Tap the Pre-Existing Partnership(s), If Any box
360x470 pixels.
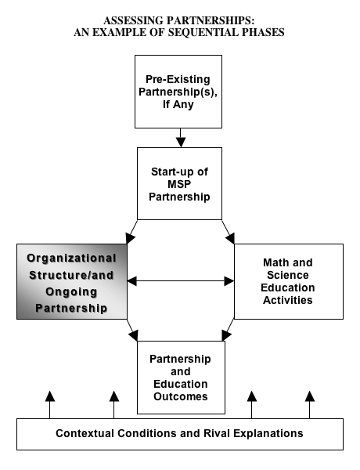coord(178,92)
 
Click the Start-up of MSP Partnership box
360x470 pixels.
coord(179,183)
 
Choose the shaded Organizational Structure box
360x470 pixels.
coord(72,281)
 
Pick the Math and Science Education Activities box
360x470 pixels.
coord(289,281)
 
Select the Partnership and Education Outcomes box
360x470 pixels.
coord(181,378)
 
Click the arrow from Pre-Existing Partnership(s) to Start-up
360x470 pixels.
coord(181,138)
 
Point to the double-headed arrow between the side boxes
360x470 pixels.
coord(181,281)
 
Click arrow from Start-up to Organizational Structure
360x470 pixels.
coord(131,232)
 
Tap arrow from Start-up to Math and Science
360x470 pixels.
coord(229,232)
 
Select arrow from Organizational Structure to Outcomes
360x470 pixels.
coord(132,330)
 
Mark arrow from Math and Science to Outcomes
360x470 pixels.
coord(228,330)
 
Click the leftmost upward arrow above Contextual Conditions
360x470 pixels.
coord(50,405)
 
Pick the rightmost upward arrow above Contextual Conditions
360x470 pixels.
coord(310,405)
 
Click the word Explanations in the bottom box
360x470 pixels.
coord(268,434)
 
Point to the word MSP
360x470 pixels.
coord(179,184)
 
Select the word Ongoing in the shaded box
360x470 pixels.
coord(71,292)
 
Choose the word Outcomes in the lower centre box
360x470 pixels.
coord(181,396)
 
